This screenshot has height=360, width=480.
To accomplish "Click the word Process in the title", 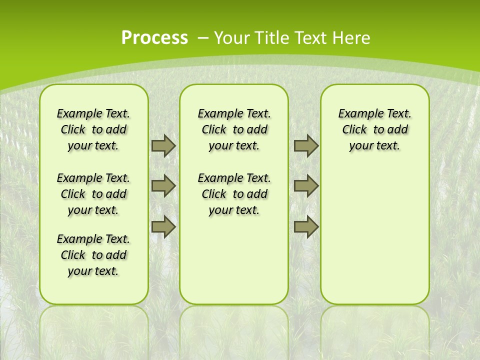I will (154, 37).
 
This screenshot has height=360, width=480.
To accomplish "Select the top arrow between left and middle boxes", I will (163, 145).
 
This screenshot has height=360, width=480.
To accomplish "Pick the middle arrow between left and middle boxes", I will (163, 186).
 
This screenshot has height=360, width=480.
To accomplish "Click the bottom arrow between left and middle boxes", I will (163, 227).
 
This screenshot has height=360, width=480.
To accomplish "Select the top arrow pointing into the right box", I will (306, 145).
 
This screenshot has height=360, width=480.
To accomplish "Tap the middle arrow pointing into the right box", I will (306, 186).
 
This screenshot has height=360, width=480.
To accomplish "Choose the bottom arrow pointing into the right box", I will (306, 227).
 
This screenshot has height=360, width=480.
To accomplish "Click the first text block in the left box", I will (93, 129).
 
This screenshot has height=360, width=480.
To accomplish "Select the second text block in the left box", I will (93, 194).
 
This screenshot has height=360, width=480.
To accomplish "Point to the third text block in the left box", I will (93, 255).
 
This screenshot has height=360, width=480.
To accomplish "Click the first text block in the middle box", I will (234, 129).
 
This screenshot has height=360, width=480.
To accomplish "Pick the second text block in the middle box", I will (234, 194).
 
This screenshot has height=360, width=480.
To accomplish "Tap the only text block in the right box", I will (374, 129).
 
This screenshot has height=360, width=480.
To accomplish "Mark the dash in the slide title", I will (203, 37).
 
